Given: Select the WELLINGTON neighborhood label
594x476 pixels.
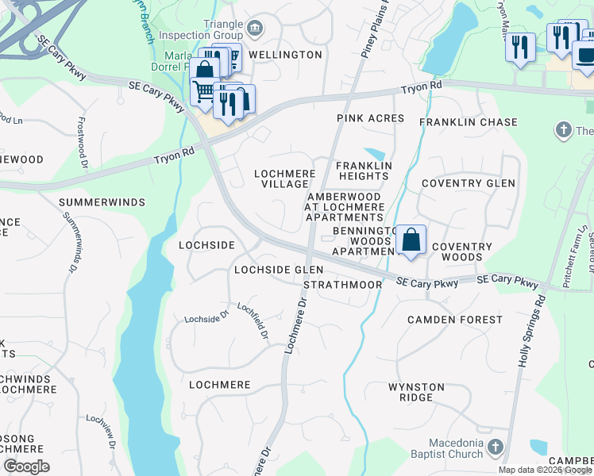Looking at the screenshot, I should click(x=285, y=55).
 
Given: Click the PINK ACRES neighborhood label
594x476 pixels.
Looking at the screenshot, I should click(x=371, y=118).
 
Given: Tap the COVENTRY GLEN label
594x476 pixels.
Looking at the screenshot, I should click(x=469, y=183).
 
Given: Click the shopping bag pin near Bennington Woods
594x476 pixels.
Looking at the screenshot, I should click(x=411, y=240).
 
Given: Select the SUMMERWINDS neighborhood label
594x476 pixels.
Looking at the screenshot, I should click(x=102, y=202).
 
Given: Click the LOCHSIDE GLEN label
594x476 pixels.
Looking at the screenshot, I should click(x=278, y=270).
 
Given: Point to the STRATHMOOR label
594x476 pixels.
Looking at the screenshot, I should click(x=337, y=284).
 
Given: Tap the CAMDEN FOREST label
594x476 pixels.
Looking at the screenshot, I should click(x=455, y=320).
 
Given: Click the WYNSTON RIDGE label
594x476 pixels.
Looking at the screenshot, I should click(x=416, y=392).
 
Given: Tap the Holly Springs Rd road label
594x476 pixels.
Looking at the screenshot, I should click(x=533, y=332).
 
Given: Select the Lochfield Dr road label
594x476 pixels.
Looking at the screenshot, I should click(x=253, y=321).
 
